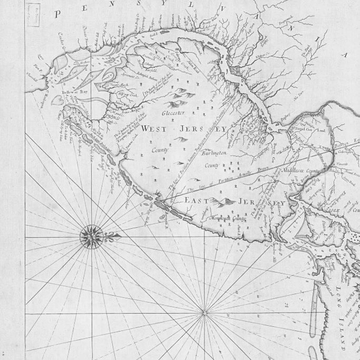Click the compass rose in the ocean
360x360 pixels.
click(x=91, y=236)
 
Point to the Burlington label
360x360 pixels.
click(x=216, y=153)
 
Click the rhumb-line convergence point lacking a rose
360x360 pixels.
click(x=205, y=314)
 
